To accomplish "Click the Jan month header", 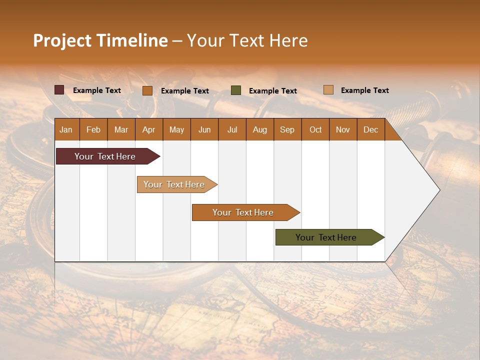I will (x=66, y=129).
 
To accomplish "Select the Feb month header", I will (x=93, y=129).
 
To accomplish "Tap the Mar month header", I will (x=121, y=129).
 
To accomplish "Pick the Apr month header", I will (x=149, y=129).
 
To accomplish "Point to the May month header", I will (x=176, y=129).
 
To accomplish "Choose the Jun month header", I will (x=204, y=129).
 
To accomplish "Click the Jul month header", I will (x=232, y=129).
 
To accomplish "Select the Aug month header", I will (x=260, y=129).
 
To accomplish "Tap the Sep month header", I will (x=287, y=129).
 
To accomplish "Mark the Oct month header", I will (x=315, y=129).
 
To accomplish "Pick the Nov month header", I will (x=343, y=129).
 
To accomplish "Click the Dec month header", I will (x=371, y=129).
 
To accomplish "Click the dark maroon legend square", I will (x=59, y=90).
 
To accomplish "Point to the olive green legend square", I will (x=236, y=90).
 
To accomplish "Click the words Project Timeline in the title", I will (x=100, y=40).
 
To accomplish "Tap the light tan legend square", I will (x=328, y=90).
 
